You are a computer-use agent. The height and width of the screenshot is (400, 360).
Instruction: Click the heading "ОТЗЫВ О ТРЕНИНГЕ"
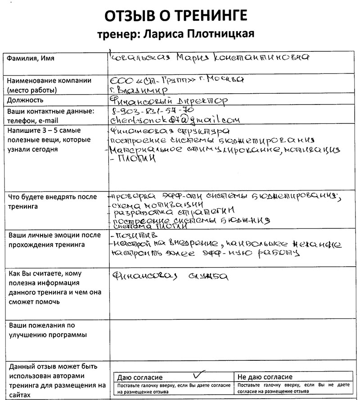pyautogui.click(x=175, y=16)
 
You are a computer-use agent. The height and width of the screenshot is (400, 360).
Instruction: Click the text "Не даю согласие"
pyautogui.click(x=264, y=377)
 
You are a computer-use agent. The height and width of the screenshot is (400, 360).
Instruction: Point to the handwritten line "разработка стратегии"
pyautogui.click(x=173, y=211)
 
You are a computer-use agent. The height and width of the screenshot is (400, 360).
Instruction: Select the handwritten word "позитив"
pyautogui.click(x=135, y=235)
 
